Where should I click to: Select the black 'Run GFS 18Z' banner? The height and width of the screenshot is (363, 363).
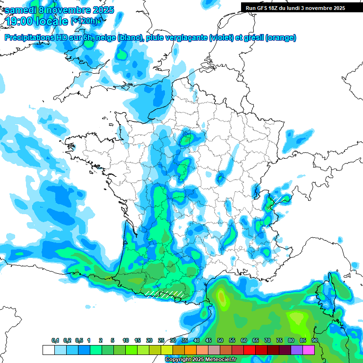click(295, 8)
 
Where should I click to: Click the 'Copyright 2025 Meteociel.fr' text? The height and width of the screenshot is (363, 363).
click(200, 360)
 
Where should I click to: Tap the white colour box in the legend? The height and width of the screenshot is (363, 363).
click(48, 350)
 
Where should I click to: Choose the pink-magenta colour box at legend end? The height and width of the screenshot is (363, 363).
click(309, 350)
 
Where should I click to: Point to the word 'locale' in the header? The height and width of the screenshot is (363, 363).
click(52, 21)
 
